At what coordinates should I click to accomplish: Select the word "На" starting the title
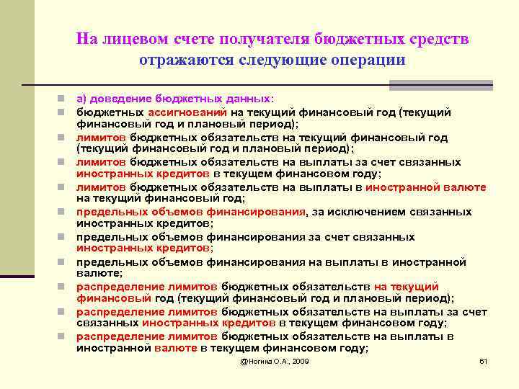click(x=85, y=39)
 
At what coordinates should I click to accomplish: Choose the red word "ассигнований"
click(x=187, y=112)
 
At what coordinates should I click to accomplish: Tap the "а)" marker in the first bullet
click(x=81, y=99)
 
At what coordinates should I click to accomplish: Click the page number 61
click(x=484, y=360)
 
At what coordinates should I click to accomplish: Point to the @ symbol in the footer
click(x=244, y=360)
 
